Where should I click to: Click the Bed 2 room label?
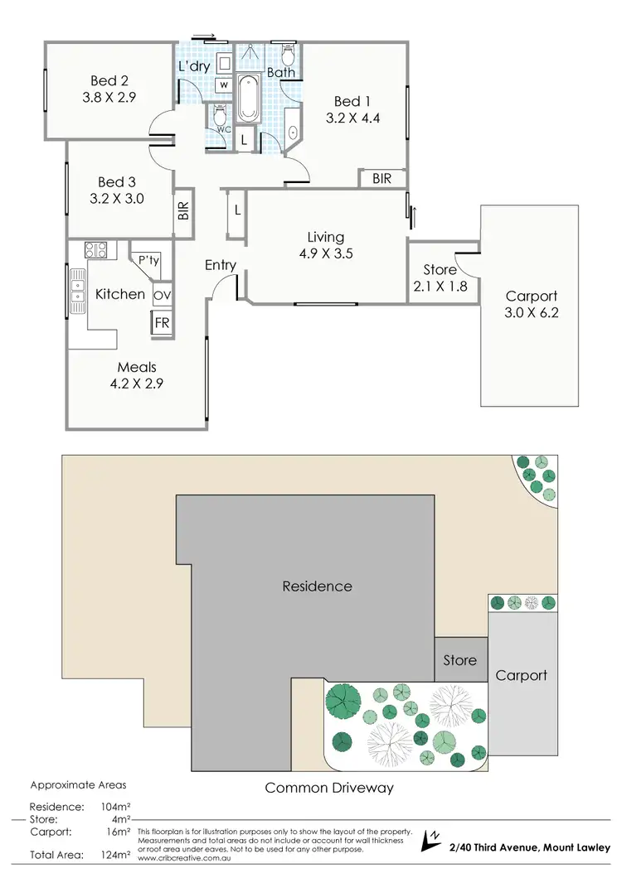click(107, 80)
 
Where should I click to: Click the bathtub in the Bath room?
click(248, 99)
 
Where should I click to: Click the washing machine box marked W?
click(224, 84)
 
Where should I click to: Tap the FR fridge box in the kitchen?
click(162, 323)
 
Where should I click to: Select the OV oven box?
click(162, 295)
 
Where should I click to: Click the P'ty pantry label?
click(149, 261)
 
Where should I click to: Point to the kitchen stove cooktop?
click(95, 248)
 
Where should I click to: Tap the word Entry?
click(221, 265)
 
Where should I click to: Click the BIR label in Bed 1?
click(381, 178)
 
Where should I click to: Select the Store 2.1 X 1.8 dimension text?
click(440, 286)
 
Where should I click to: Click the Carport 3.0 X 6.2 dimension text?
click(532, 313)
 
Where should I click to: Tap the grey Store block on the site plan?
click(459, 659)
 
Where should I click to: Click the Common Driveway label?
click(328, 788)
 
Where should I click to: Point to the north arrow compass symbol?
click(431, 839)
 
